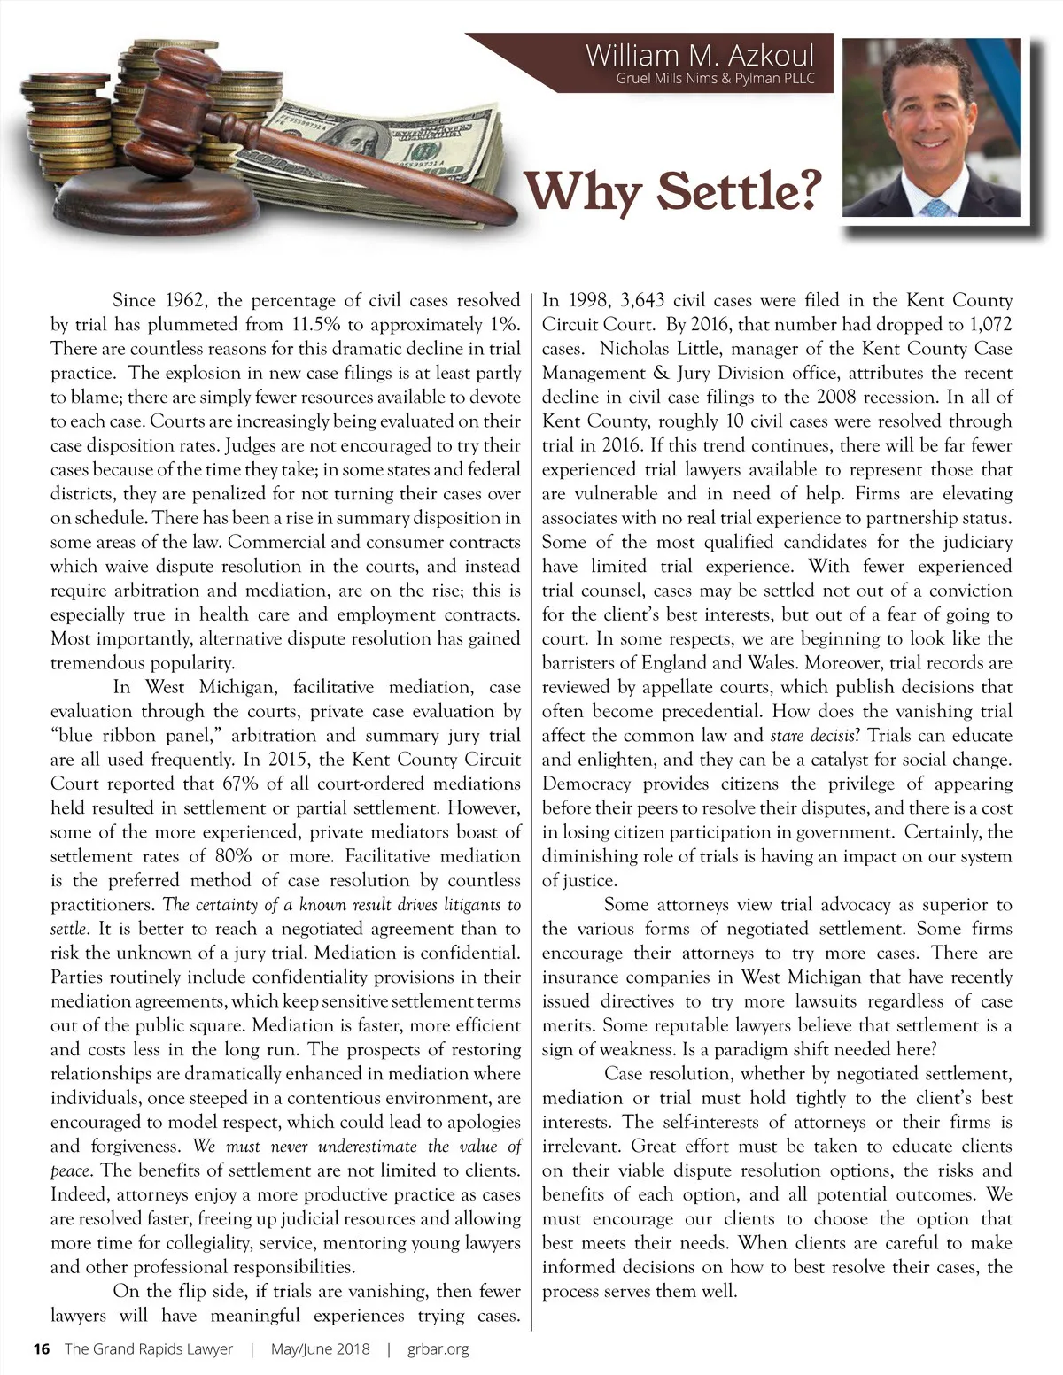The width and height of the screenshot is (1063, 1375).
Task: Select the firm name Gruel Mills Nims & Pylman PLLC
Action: point(714,78)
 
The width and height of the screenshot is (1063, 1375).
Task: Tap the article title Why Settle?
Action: point(671,189)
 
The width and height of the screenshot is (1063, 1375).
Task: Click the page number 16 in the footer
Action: point(41,1349)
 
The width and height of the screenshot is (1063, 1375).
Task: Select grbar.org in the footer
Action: point(438,1349)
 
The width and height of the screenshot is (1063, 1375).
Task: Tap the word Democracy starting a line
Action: point(586,784)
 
